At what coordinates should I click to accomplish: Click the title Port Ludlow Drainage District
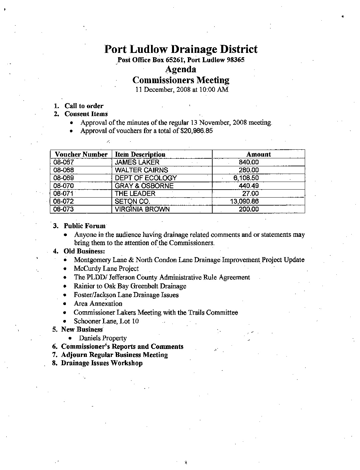pyautogui.click(x=181, y=50)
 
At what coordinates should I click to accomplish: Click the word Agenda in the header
pyautogui.click(x=181, y=70)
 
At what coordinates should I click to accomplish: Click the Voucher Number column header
pyautogui.click(x=81, y=154)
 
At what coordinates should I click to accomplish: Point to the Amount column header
pyautogui.click(x=259, y=154)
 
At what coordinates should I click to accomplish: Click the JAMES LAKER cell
pyautogui.click(x=137, y=162)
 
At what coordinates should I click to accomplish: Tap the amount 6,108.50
pyautogui.click(x=246, y=178)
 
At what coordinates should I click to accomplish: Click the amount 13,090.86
pyautogui.click(x=245, y=201)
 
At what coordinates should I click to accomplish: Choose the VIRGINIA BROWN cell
pyautogui.click(x=142, y=209)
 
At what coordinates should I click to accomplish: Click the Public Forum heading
pyautogui.click(x=85, y=226)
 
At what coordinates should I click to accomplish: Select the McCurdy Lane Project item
pyautogui.click(x=106, y=269)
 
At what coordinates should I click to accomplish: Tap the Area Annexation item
pyautogui.click(x=98, y=304)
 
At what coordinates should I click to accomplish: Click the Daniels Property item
pyautogui.click(x=102, y=338)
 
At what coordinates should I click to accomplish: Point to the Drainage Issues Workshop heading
pyautogui.click(x=101, y=363)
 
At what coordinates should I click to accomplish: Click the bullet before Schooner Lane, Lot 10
pyautogui.click(x=66, y=321)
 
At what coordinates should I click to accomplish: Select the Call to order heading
pyautogui.click(x=84, y=106)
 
